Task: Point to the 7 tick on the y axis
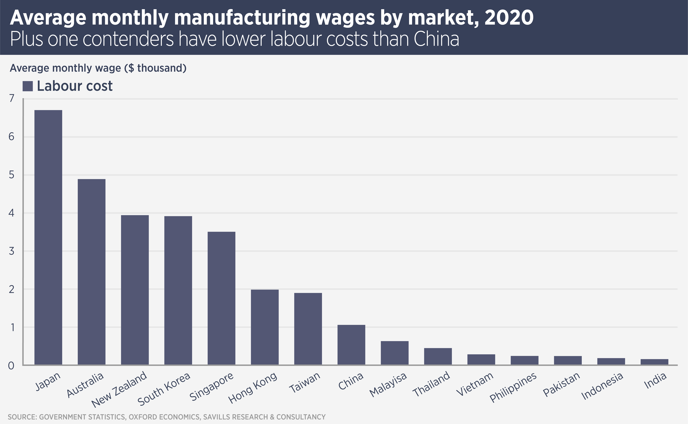coord(12,98)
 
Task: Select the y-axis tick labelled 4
coord(12,213)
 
